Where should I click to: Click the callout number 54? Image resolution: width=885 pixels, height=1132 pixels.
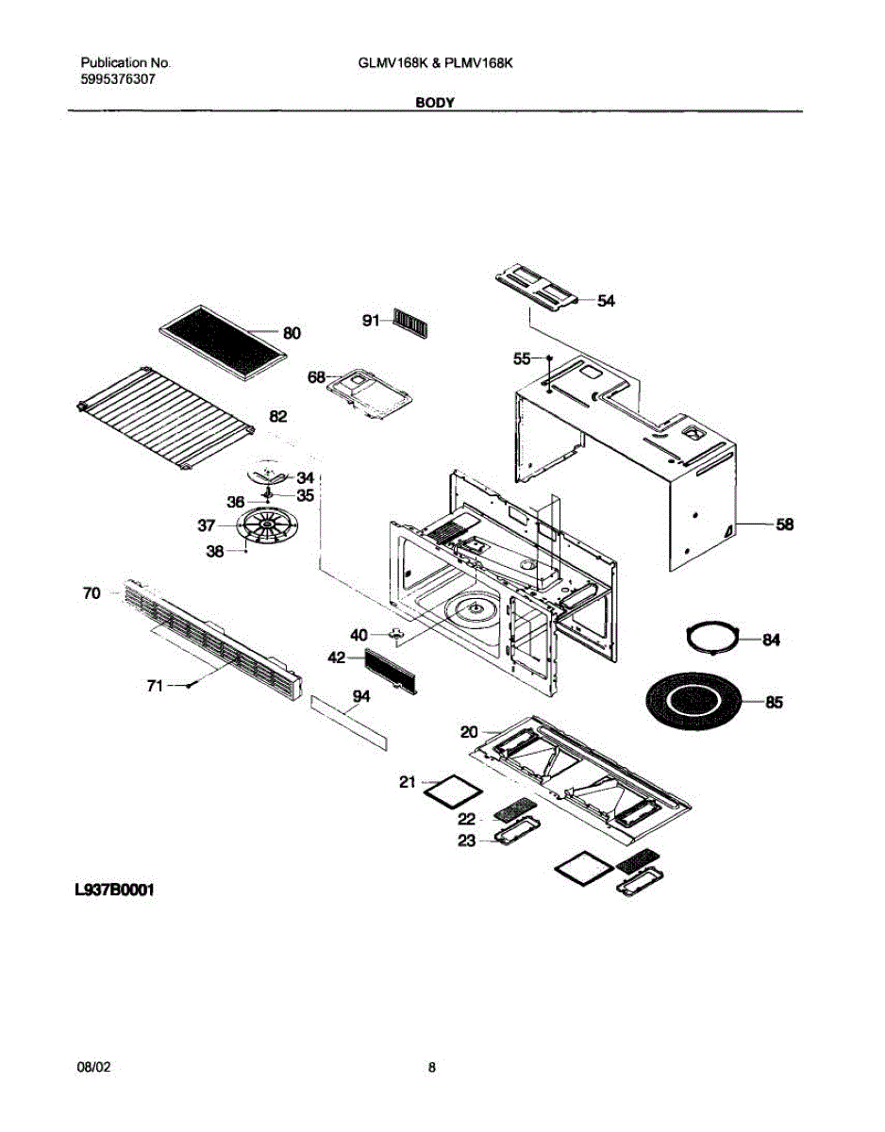(x=606, y=301)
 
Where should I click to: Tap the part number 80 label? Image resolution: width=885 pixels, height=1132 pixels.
(x=292, y=332)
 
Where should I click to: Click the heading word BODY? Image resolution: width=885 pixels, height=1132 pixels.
(x=436, y=103)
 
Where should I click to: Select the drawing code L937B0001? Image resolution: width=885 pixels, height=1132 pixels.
(x=114, y=890)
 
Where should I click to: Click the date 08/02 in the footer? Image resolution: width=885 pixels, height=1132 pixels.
(x=94, y=1068)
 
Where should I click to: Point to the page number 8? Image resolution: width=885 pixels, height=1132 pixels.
(x=431, y=1068)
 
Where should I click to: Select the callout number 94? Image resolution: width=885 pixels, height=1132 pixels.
(x=359, y=696)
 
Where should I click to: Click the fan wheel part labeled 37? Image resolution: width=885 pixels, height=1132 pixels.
(x=267, y=524)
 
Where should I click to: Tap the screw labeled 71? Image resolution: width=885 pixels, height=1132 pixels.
(x=190, y=686)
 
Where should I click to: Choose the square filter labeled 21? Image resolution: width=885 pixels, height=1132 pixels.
(x=451, y=790)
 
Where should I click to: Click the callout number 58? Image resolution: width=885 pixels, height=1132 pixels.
(x=784, y=524)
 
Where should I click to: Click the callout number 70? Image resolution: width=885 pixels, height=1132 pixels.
(x=92, y=593)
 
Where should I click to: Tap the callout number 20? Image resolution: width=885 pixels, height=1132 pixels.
(x=469, y=730)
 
